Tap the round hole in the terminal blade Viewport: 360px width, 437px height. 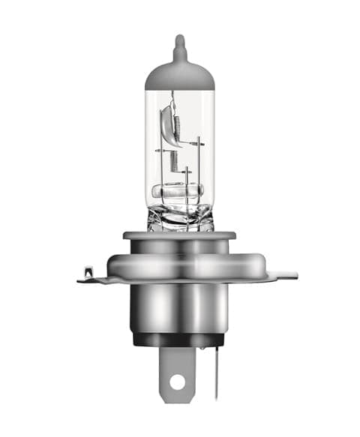177,382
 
